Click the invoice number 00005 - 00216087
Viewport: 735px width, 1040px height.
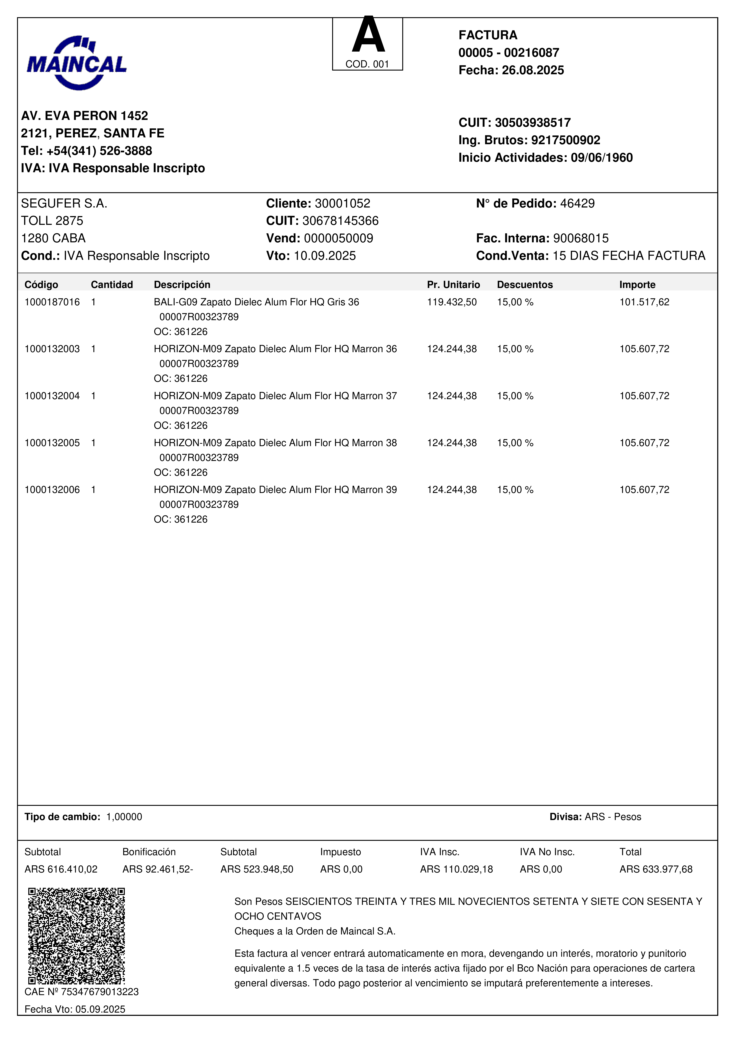click(509, 53)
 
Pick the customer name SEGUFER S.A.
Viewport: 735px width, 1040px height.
click(64, 203)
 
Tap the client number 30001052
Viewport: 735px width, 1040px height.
click(342, 203)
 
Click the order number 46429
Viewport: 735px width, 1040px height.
click(577, 203)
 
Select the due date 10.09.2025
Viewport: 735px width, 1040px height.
click(325, 256)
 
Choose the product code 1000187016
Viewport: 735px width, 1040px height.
click(52, 302)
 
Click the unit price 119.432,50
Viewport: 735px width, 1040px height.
click(451, 302)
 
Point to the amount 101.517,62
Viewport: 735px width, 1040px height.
click(644, 302)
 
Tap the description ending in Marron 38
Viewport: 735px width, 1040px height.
click(275, 443)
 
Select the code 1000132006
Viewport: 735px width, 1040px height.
click(52, 490)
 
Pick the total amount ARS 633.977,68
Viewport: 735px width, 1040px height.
click(656, 869)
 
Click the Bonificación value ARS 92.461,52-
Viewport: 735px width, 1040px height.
click(158, 869)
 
